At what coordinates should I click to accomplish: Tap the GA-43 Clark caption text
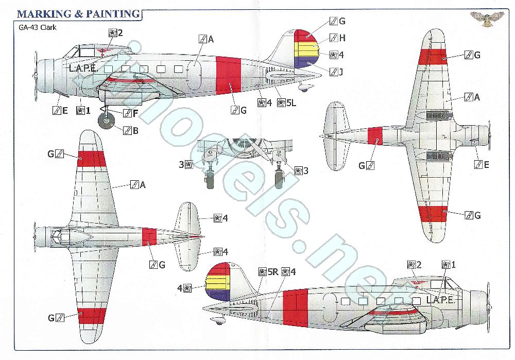[33, 27]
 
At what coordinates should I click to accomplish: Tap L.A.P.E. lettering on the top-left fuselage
[83, 67]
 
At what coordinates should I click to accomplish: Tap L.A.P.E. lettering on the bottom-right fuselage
[440, 299]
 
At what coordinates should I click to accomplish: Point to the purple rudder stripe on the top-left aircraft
[306, 64]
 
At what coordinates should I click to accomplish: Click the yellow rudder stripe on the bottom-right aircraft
[216, 282]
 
